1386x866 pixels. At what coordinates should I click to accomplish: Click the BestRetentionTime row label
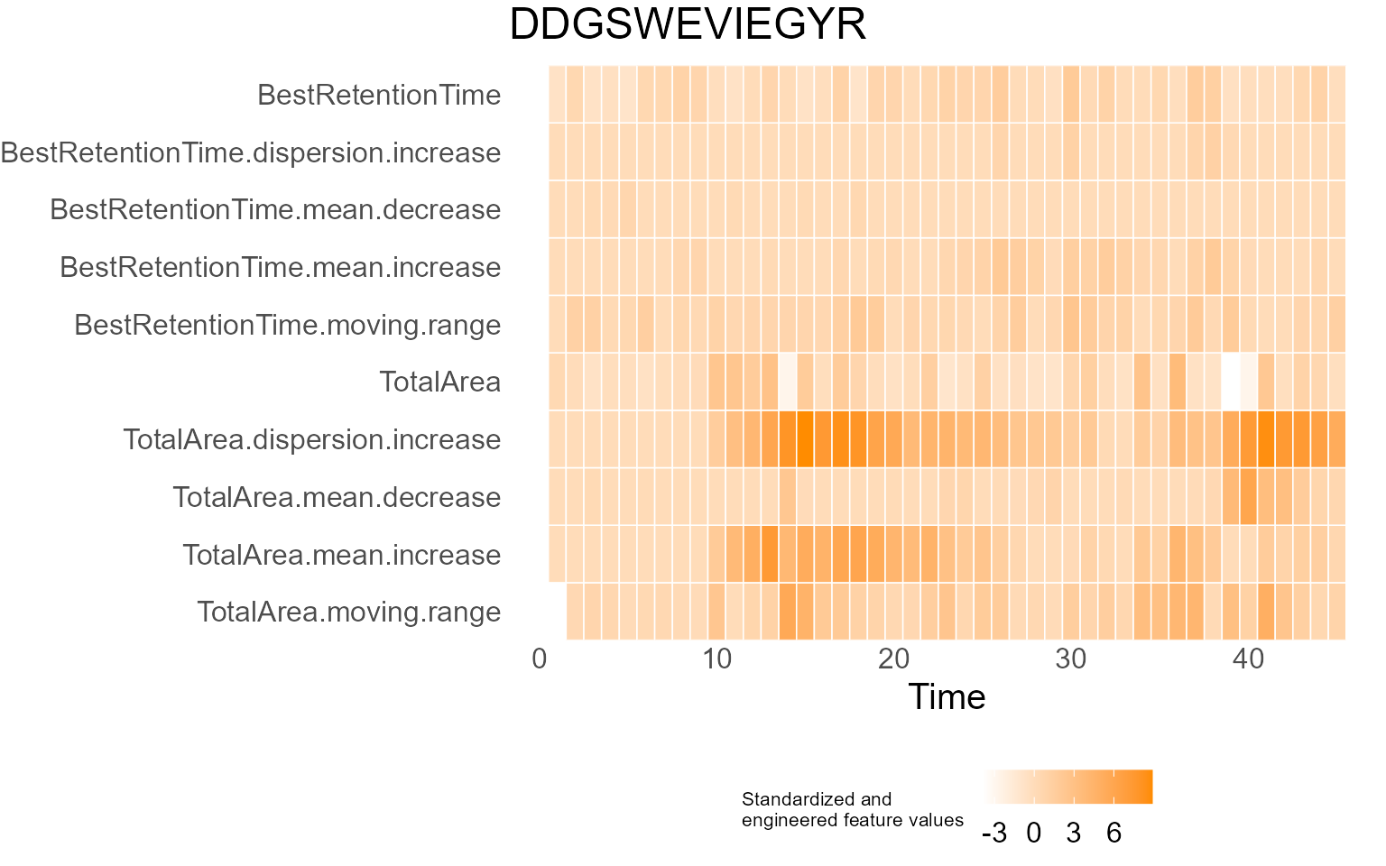(x=379, y=95)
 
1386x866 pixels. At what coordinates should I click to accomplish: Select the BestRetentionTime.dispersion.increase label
(x=251, y=152)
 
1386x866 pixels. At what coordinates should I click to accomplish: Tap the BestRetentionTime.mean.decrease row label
(x=275, y=209)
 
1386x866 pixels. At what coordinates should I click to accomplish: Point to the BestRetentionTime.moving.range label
(x=287, y=325)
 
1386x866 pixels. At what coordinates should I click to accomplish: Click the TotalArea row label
(x=439, y=382)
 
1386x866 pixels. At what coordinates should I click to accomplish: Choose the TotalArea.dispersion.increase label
(x=311, y=439)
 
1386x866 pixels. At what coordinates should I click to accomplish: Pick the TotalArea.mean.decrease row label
(x=337, y=497)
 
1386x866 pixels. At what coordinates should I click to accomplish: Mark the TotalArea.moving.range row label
(x=348, y=612)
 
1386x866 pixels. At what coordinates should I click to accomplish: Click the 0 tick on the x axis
(x=540, y=659)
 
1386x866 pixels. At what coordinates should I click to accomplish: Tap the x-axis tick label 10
(x=716, y=659)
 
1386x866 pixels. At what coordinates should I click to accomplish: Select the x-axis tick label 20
(x=893, y=659)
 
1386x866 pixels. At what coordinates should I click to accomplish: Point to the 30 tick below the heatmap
(x=1071, y=659)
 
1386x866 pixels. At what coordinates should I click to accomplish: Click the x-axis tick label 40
(x=1248, y=659)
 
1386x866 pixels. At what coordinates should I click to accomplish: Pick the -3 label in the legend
(x=993, y=833)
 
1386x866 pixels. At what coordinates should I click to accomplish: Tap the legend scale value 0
(x=1034, y=833)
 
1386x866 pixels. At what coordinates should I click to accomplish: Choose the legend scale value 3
(x=1073, y=833)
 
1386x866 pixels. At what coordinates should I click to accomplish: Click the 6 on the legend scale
(x=1113, y=833)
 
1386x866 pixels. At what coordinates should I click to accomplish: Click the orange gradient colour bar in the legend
(x=1068, y=787)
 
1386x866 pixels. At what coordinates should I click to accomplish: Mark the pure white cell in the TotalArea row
(x=1231, y=382)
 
